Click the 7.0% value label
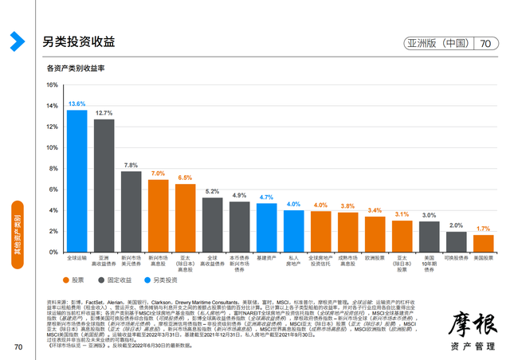pos(158,174)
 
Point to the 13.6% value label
pos(76,104)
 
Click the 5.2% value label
pos(212,192)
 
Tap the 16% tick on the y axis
pos(52,84)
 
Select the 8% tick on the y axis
pos(53,168)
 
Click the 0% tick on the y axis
pos(53,252)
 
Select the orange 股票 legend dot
pos(66,280)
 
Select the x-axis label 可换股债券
pos(456,258)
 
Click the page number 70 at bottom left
pos(18,346)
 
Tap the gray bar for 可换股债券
pos(457,241)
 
